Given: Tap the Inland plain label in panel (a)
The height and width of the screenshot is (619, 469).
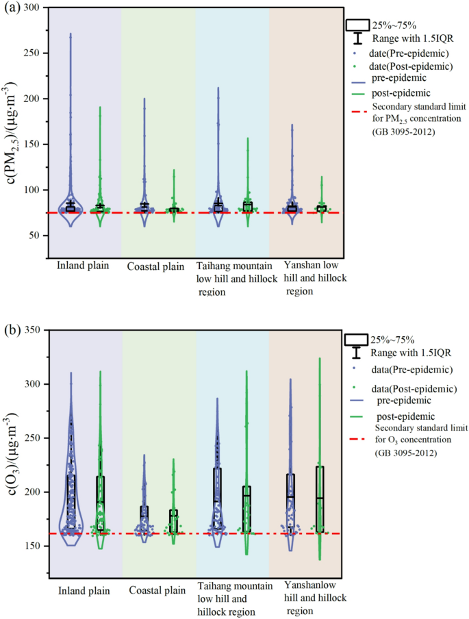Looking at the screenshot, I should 81,266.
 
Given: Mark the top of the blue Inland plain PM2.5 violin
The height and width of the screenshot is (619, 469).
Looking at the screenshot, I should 71,34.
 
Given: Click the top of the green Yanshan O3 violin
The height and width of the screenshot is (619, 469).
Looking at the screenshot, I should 319,358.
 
